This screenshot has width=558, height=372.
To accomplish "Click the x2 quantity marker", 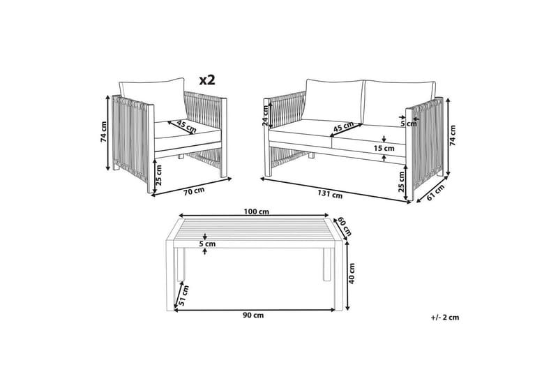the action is coord(207,80).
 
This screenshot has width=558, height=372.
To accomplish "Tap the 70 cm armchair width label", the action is coord(194,191).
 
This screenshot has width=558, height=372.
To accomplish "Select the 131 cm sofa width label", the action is coord(330,194).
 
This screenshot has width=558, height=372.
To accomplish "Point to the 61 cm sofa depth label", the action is coord(435,193).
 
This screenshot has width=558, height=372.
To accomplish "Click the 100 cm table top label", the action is coord(256,211).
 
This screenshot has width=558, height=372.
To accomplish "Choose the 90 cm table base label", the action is coord(253,315).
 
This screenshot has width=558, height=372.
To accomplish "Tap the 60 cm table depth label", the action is coord(344,226).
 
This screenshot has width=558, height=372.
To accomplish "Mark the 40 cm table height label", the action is coord(352,274).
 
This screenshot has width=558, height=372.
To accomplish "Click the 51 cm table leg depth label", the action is coord(183,296).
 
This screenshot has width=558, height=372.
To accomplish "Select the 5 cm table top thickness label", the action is coord(207,244).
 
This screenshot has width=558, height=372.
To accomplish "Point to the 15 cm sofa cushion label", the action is coord(384,148).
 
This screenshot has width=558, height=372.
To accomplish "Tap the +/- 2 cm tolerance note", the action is coord(444,317).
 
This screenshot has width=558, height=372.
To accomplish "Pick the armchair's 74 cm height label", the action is coord(103,132).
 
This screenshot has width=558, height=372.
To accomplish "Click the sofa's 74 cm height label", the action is coord(453,135).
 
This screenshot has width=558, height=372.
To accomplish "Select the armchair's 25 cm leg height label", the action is coord(159,175).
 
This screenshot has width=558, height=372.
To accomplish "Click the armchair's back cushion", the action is coord(152,101).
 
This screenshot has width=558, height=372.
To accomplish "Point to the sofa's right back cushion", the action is coord(399,103).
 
